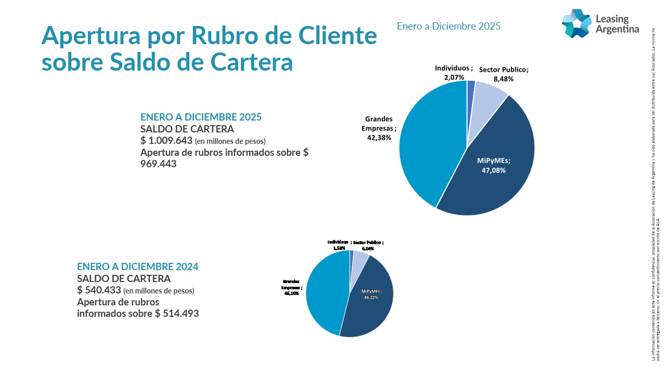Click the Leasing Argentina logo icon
[x=577, y=23]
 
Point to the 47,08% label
[x=494, y=170]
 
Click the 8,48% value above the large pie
[x=503, y=79]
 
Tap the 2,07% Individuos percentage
[x=454, y=77]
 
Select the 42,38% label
[x=379, y=138]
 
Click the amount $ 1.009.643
[x=166, y=140]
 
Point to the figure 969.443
[x=159, y=164]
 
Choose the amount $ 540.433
[x=99, y=290]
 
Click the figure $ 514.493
[x=177, y=313]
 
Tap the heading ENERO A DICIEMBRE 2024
[x=137, y=266]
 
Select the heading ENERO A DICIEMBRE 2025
[x=201, y=117]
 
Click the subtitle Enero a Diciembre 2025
[x=449, y=26]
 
